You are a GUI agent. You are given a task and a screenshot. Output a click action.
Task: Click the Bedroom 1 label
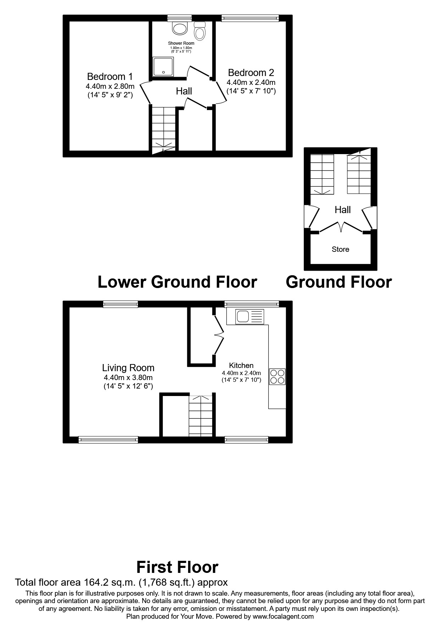pos(110,76)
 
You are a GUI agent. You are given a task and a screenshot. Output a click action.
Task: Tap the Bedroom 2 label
pos(251,73)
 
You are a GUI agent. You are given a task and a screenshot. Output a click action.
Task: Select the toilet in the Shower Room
pos(200,32)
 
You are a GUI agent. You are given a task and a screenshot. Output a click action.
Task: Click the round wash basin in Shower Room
pos(180,28)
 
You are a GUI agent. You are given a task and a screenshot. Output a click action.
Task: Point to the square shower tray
pos(163,67)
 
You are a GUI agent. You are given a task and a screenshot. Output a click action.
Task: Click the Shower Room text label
pos(181,43)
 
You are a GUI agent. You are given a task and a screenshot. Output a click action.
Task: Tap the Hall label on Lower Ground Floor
pos(184,91)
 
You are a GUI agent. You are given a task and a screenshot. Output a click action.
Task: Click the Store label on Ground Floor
pos(340,249)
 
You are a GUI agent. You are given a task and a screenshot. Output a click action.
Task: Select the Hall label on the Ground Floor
pos(342,210)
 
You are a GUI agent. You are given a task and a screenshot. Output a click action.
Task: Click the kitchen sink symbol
pos(245,316)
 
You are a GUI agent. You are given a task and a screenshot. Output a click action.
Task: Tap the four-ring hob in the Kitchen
pos(277,377)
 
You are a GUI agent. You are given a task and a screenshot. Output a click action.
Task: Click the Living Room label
pos(128,368)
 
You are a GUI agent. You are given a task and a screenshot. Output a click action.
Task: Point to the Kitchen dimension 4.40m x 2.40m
pos(241,373)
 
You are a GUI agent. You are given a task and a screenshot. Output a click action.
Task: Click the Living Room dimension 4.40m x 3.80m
pos(128,378)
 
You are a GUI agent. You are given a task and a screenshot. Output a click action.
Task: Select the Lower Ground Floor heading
pos(177,282)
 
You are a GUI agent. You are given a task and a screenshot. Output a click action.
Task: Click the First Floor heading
pos(177,567)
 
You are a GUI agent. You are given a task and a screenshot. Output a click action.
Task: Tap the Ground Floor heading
pos(339,282)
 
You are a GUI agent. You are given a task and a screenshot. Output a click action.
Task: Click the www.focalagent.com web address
pos(283,617)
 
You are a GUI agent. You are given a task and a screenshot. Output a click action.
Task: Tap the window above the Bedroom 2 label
pos(250,18)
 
